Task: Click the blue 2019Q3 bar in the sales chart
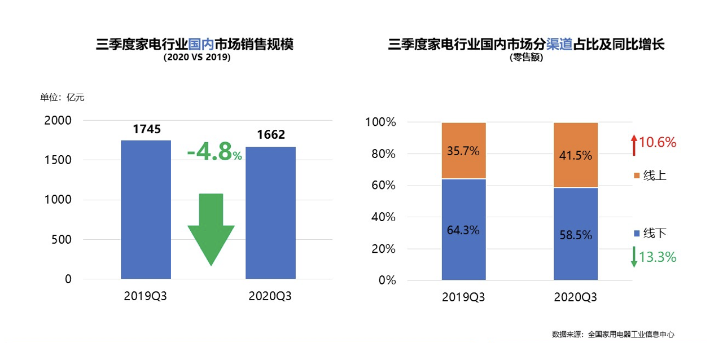click(146, 209)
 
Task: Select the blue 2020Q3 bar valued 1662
click(270, 213)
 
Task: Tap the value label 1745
click(147, 130)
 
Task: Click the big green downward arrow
click(211, 226)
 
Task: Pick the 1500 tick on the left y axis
click(59, 160)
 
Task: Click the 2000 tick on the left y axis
click(59, 121)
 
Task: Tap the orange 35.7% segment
click(463, 151)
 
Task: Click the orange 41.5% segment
click(576, 155)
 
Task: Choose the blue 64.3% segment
click(463, 230)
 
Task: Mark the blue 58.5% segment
click(576, 234)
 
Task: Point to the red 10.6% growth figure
click(657, 142)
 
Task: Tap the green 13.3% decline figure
click(657, 257)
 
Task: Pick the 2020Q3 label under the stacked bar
click(575, 297)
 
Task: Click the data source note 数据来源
click(613, 334)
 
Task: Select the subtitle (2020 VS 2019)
click(197, 57)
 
